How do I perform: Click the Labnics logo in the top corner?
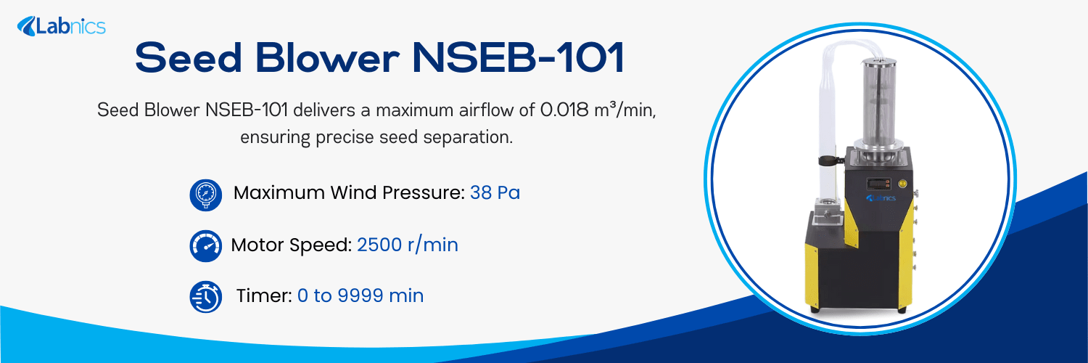tap(62, 27)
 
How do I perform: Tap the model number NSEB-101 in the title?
tap(518, 59)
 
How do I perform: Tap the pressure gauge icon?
tap(205, 195)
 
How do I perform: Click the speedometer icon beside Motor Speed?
tap(205, 246)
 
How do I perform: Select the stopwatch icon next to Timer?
tap(205, 297)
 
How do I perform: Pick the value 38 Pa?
tap(495, 194)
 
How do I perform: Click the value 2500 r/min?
tap(407, 245)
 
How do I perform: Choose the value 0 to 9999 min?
tap(360, 296)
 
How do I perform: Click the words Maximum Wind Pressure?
tap(348, 194)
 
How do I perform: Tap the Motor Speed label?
tap(291, 245)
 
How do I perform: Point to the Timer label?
tap(264, 296)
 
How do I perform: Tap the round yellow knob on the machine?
tap(902, 175)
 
